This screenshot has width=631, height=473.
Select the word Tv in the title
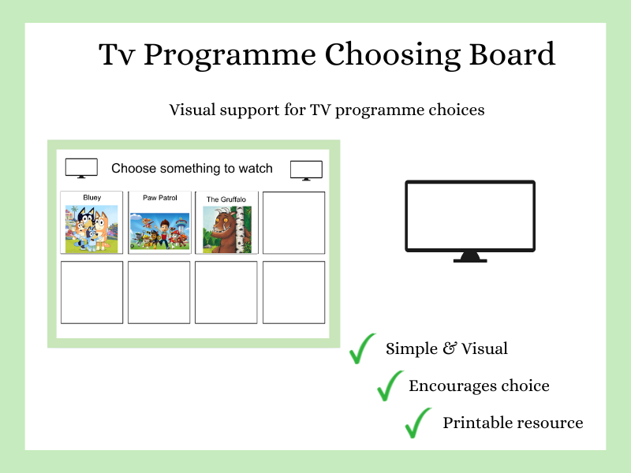point(117,55)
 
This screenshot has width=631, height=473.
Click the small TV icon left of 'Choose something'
point(81,168)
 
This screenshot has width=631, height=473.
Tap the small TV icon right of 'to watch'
point(306,170)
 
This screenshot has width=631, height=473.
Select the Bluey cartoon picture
point(91,229)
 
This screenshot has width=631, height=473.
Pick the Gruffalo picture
point(227,229)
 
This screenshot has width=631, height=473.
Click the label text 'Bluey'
point(91,197)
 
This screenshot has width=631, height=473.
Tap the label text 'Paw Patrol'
point(159,197)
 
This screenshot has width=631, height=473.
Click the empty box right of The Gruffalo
point(293,222)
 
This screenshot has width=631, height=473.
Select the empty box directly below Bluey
point(92,292)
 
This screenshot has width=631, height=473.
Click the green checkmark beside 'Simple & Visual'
point(363,348)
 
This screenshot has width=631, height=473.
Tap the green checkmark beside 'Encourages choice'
point(390,385)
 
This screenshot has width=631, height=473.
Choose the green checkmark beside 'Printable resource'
point(418,423)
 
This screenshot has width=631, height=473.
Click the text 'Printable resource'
point(513,423)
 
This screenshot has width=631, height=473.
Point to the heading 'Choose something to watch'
point(192,169)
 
